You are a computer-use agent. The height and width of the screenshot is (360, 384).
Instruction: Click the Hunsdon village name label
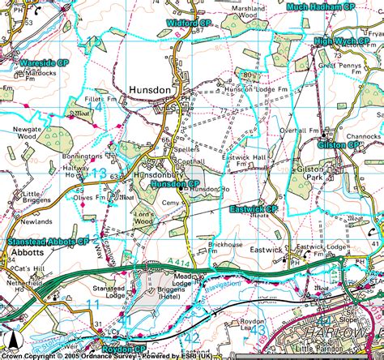(x=149, y=92)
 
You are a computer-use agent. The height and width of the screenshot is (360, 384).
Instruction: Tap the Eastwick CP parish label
(x=254, y=208)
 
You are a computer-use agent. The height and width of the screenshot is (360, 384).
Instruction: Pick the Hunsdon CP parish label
(x=174, y=184)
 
